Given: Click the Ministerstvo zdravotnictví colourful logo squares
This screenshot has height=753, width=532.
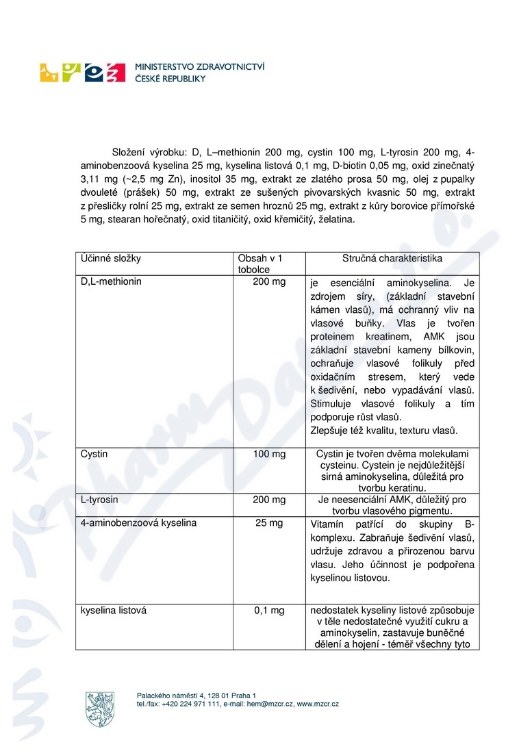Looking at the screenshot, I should pos(83,72).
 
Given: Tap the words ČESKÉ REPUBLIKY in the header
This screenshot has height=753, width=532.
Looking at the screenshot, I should pos(170,79).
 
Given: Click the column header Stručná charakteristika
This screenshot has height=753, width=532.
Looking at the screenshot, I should pos(392,259).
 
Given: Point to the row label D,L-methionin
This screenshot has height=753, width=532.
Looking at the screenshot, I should pos(111,281).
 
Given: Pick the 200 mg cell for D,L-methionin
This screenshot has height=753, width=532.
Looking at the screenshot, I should pos(269,281).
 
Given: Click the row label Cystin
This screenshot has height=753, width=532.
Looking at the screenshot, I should pos(94,454).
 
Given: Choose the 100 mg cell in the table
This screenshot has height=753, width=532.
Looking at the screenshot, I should pos(269,454).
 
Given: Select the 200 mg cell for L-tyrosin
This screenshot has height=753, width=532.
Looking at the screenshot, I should pos(269,500).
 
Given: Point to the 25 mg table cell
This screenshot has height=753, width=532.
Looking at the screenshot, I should pos(269,523).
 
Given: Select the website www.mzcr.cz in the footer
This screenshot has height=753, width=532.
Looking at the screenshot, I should pos(318,704).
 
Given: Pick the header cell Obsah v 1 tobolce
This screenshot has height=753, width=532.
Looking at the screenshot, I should pos(259,264).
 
